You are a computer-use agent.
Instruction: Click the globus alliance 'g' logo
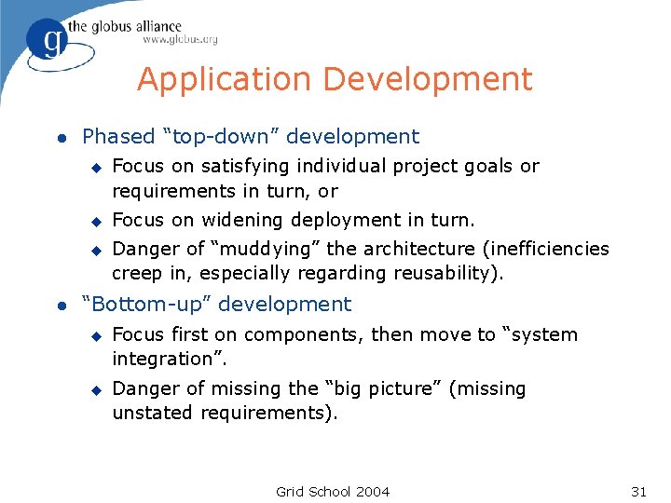46,40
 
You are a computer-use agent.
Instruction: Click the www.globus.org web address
180,40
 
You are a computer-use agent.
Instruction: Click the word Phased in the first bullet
118,137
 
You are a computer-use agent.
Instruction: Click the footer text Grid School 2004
333,491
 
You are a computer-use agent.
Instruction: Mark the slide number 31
638,491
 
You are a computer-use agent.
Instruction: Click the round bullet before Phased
61,138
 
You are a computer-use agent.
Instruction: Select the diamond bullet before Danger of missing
94,389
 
